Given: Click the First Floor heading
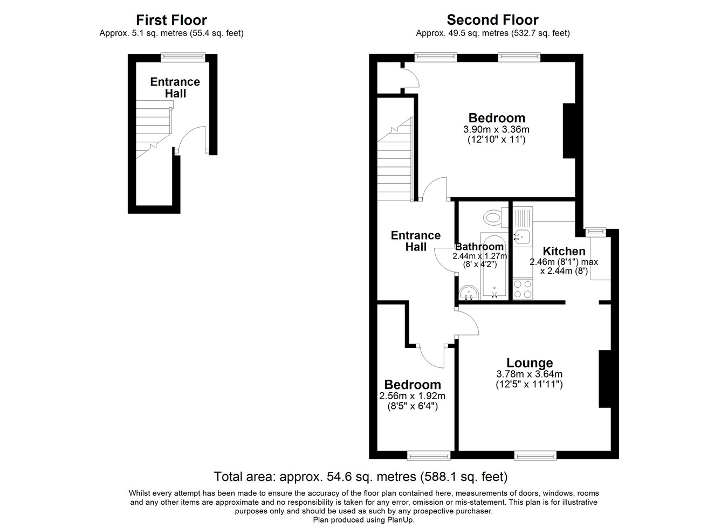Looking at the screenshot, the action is pyautogui.click(x=171, y=20).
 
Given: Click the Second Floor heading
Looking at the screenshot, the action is pyautogui.click(x=493, y=20).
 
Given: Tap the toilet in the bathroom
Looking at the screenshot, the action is pyautogui.click(x=495, y=217).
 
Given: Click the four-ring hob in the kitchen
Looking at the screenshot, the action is pyautogui.click(x=523, y=289).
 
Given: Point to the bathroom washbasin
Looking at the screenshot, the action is pyautogui.click(x=468, y=293).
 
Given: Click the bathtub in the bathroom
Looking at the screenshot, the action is pyautogui.click(x=494, y=264).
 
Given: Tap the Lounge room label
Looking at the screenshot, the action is pyautogui.click(x=530, y=363).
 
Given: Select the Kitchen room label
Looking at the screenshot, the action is pyautogui.click(x=564, y=251).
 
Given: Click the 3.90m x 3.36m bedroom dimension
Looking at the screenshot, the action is pyautogui.click(x=496, y=130).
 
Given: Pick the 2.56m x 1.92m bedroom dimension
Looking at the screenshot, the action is pyautogui.click(x=412, y=396).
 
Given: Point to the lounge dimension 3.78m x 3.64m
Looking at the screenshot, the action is pyautogui.click(x=530, y=374).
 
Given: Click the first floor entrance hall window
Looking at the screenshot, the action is pyautogui.click(x=183, y=58).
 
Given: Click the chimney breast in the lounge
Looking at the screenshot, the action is pyautogui.click(x=605, y=379).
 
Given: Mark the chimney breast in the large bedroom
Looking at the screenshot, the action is pyautogui.click(x=569, y=131).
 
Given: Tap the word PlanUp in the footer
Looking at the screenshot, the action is pyautogui.click(x=400, y=520).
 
